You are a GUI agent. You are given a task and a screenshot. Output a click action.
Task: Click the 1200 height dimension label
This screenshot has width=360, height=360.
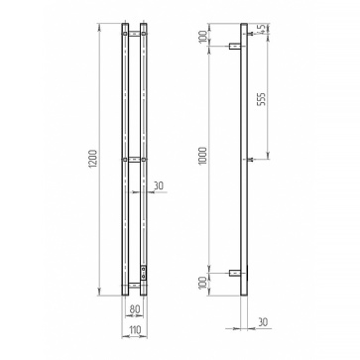click(x=93, y=160)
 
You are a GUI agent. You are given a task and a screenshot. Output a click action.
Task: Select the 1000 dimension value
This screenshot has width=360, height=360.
click(x=203, y=156)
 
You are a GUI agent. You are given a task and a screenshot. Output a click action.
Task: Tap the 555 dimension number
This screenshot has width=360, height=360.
click(x=262, y=99)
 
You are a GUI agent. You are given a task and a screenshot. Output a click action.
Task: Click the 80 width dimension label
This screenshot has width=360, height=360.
click(x=135, y=309)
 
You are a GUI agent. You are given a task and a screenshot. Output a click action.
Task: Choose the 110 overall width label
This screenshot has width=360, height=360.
click(x=135, y=329)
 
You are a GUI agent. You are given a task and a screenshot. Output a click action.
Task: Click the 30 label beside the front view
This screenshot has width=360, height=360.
click(x=159, y=185)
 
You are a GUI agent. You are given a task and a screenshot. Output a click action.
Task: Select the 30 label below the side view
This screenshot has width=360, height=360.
click(x=263, y=321)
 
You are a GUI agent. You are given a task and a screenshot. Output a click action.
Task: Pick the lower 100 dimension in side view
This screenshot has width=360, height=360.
click(x=203, y=283)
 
